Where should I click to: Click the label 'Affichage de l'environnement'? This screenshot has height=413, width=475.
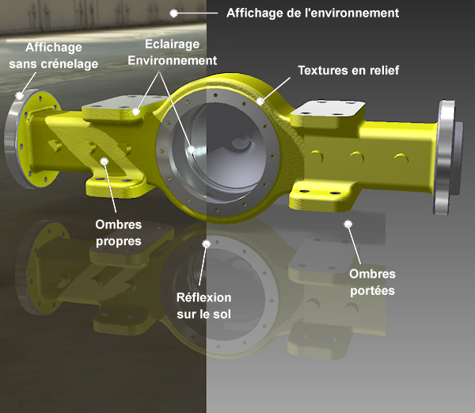[313, 13]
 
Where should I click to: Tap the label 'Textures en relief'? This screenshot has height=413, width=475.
[348, 71]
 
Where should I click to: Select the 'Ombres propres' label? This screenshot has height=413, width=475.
[119, 233]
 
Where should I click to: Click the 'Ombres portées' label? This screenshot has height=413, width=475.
[372, 282]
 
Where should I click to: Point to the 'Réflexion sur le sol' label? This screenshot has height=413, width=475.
[204, 306]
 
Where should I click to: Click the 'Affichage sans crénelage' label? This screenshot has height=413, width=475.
[54, 55]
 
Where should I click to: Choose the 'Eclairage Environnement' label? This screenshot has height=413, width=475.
[172, 52]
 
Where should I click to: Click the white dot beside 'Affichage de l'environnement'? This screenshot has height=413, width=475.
[173, 13]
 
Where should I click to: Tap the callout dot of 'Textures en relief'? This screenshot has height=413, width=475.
[260, 101]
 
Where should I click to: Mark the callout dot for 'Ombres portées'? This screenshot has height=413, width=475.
[348, 224]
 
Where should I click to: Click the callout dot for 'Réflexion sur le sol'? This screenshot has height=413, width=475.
[207, 244]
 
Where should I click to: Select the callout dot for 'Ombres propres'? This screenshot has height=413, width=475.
[104, 162]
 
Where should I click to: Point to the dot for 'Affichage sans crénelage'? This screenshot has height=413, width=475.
[19, 96]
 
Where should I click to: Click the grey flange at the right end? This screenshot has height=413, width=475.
[445, 158]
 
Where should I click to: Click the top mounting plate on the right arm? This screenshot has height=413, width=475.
[328, 109]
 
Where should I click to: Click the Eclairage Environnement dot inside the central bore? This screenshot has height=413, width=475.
[192, 150]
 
